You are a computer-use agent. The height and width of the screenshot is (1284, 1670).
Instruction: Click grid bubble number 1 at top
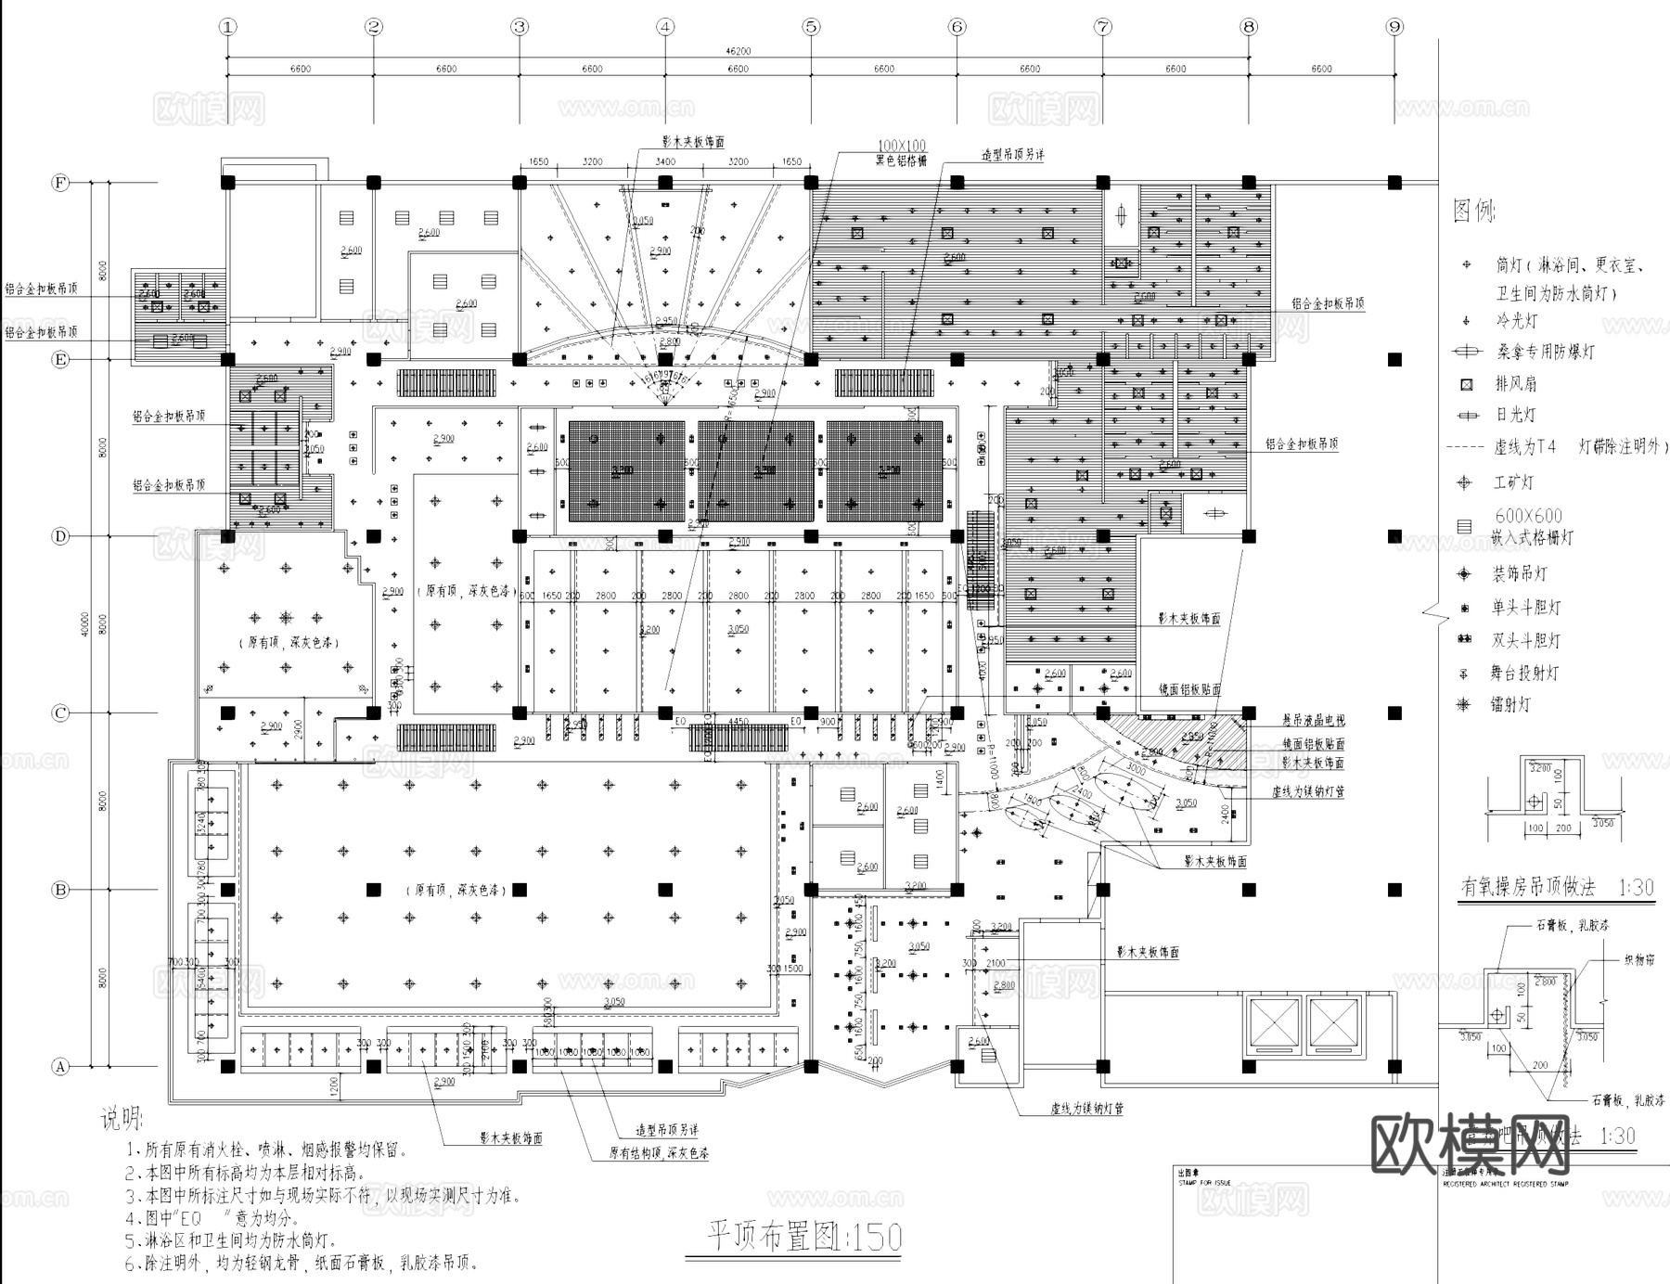pyautogui.click(x=228, y=27)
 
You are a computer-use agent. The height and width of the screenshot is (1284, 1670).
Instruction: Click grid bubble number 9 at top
pyautogui.click(x=1394, y=27)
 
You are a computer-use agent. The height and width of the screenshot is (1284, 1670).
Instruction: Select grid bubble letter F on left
pyautogui.click(x=60, y=183)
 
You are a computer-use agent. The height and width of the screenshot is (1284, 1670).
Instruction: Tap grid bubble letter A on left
pyautogui.click(x=60, y=1067)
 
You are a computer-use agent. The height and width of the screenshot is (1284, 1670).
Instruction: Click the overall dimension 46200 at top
pyautogui.click(x=738, y=52)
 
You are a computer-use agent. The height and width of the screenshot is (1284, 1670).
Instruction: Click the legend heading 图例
pyautogui.click(x=1474, y=212)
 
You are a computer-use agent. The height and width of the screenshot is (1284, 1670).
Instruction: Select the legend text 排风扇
pyautogui.click(x=1515, y=383)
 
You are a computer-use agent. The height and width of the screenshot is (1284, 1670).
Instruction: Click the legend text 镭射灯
pyautogui.click(x=1510, y=704)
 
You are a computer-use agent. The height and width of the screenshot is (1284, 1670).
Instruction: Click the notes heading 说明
pyautogui.click(x=123, y=1119)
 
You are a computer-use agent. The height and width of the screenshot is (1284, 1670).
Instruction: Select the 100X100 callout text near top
pyautogui.click(x=902, y=147)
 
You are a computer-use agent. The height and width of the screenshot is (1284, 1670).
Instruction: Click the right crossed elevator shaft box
pyautogui.click(x=1333, y=1024)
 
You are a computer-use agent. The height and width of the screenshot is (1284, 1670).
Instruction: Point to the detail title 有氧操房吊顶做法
pyautogui.click(x=1527, y=888)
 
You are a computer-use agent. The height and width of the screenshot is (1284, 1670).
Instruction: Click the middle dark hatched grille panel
pyautogui.click(x=756, y=470)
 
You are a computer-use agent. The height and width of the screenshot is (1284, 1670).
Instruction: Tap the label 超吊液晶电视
pyautogui.click(x=1313, y=720)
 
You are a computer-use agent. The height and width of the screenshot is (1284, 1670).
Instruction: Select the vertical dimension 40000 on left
pyautogui.click(x=85, y=623)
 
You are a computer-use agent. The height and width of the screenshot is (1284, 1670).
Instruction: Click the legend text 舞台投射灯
pyautogui.click(x=1524, y=673)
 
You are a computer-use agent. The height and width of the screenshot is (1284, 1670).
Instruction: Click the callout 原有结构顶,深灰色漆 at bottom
pyautogui.click(x=659, y=1154)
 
